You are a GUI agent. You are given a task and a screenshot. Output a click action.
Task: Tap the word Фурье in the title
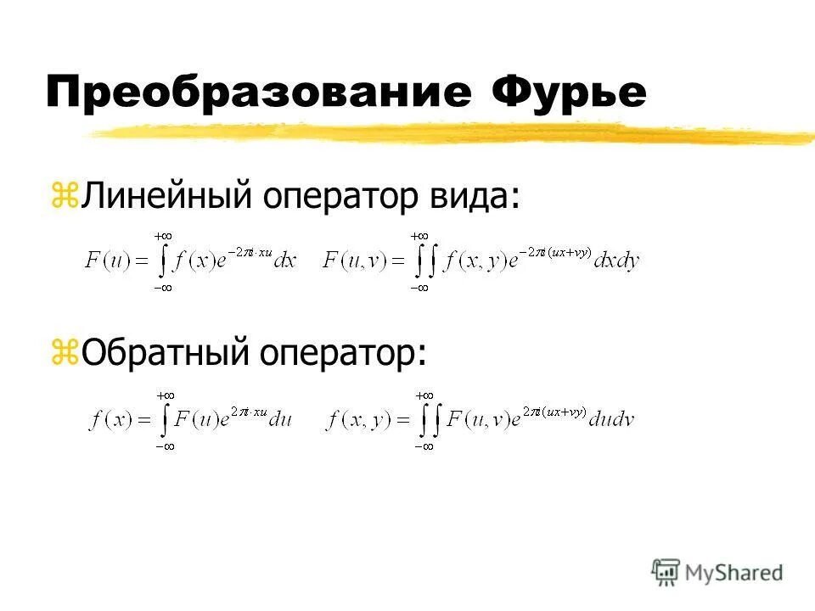pos(568,91)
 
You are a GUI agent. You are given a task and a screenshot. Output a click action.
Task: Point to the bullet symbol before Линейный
pos(65,198)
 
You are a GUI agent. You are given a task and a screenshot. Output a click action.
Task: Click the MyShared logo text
pos(734,573)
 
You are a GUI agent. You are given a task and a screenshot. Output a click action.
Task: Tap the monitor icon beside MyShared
pos(666,573)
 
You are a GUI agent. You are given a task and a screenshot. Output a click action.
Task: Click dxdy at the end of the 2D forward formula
pos(617,261)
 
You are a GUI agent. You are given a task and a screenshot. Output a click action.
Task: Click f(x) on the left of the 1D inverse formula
pos(110,420)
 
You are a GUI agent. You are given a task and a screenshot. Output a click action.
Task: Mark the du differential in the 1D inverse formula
pos(280,419)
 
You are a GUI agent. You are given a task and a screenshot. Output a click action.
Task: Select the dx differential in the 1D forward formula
pos(284,261)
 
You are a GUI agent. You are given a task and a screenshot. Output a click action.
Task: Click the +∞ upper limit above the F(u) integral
pos(163,235)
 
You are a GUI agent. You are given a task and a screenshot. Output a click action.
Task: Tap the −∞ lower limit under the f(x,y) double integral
pos(421,446)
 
